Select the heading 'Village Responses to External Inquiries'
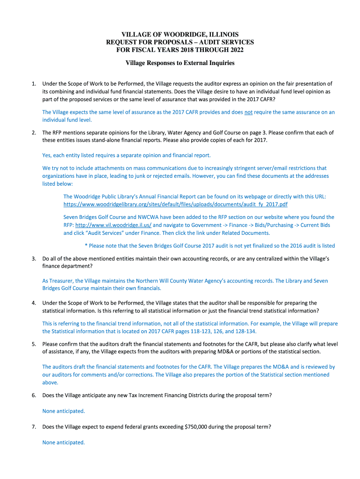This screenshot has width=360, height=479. [180, 63]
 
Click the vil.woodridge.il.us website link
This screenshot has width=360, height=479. [113, 225]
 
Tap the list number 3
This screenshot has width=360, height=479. [34, 258]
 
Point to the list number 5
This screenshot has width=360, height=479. [34, 344]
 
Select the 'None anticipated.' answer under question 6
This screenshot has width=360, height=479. [64, 411]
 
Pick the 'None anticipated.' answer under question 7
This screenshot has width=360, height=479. [64, 442]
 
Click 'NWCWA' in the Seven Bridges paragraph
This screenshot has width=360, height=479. [141, 217]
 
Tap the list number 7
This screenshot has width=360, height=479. [34, 427]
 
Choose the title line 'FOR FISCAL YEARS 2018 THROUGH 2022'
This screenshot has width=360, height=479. [180, 50]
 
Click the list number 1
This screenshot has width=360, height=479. [34, 84]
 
